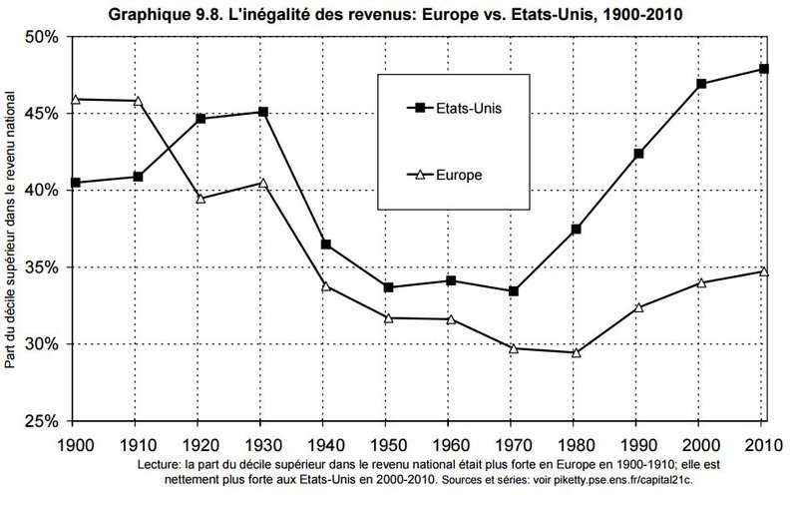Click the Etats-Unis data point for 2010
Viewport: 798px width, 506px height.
[x=763, y=69]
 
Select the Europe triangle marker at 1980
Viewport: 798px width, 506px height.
[x=575, y=352]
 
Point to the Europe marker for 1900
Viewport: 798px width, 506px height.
[x=76, y=99]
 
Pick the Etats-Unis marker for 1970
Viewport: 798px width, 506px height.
[x=513, y=291]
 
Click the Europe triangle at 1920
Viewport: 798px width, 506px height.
[x=200, y=198]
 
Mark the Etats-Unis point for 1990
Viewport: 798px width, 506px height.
[x=637, y=154]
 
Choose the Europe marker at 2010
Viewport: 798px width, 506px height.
[x=763, y=270]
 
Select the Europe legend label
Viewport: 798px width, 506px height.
[x=459, y=174]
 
